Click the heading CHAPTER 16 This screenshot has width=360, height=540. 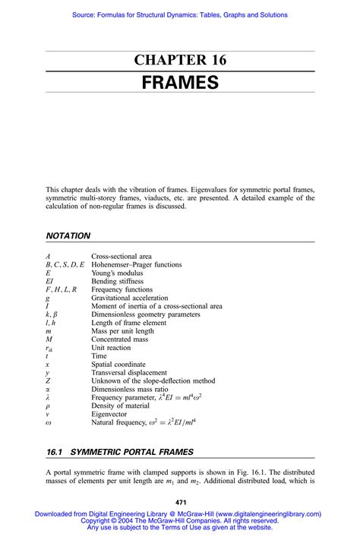point(180,61)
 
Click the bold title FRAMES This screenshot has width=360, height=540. point(180,83)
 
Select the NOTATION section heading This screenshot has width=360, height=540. point(68,236)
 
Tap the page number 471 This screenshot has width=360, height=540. point(181,502)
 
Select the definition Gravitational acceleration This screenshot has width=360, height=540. point(134,298)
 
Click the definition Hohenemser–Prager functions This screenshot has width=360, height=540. point(137,265)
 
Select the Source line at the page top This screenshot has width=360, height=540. point(180,14)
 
